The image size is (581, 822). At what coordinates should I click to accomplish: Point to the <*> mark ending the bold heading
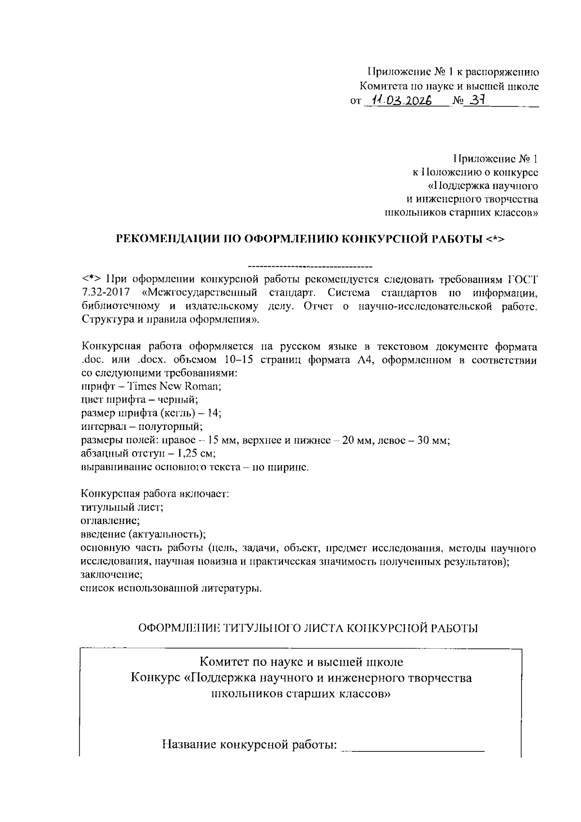click(x=495, y=239)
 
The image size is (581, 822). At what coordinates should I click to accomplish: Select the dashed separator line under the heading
click(x=310, y=266)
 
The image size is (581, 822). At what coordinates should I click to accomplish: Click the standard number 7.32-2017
click(x=105, y=292)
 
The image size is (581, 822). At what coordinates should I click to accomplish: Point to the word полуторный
click(x=166, y=426)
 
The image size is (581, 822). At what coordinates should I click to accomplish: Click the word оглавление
click(x=109, y=521)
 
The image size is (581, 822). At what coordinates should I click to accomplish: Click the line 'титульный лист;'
click(x=121, y=507)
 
